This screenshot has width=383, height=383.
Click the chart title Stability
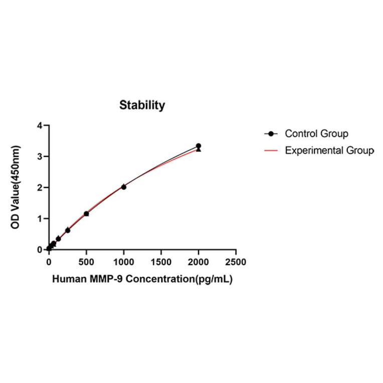click(x=142, y=105)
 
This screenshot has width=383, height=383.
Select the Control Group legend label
click(x=316, y=134)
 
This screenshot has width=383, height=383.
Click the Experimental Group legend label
click(x=329, y=150)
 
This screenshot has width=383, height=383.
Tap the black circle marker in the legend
click(x=271, y=134)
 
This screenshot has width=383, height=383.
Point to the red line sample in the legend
click(x=271, y=150)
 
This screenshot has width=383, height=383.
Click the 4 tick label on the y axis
click(x=40, y=125)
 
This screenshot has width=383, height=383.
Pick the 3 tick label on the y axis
click(x=40, y=156)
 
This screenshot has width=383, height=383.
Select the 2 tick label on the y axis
click(x=40, y=187)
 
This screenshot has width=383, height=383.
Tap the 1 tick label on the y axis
click(x=40, y=219)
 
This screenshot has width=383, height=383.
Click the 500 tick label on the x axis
click(x=86, y=262)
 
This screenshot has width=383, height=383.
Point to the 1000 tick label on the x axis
click(x=123, y=262)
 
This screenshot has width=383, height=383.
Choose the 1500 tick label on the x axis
click(x=161, y=262)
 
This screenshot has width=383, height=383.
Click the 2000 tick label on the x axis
click(x=199, y=262)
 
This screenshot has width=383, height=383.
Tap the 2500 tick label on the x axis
click(x=236, y=262)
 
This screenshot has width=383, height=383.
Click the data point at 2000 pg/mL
click(x=199, y=146)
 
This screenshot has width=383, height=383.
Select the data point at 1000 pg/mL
click(x=124, y=186)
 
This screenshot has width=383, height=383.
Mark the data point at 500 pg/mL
click(x=86, y=214)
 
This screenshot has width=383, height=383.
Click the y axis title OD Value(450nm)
click(x=16, y=187)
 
